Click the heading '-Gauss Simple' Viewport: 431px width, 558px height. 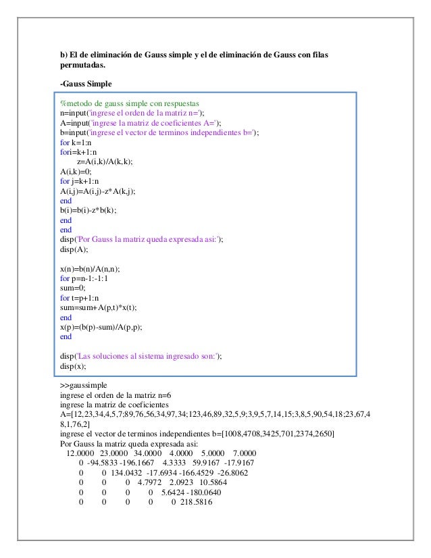tap(86, 84)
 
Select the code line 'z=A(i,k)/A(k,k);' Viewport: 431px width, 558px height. tap(105, 161)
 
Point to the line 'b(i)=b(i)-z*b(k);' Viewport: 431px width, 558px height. tap(88, 210)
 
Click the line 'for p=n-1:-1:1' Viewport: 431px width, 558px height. tap(84, 278)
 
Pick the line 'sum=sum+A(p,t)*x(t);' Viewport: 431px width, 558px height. tap(98, 307)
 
